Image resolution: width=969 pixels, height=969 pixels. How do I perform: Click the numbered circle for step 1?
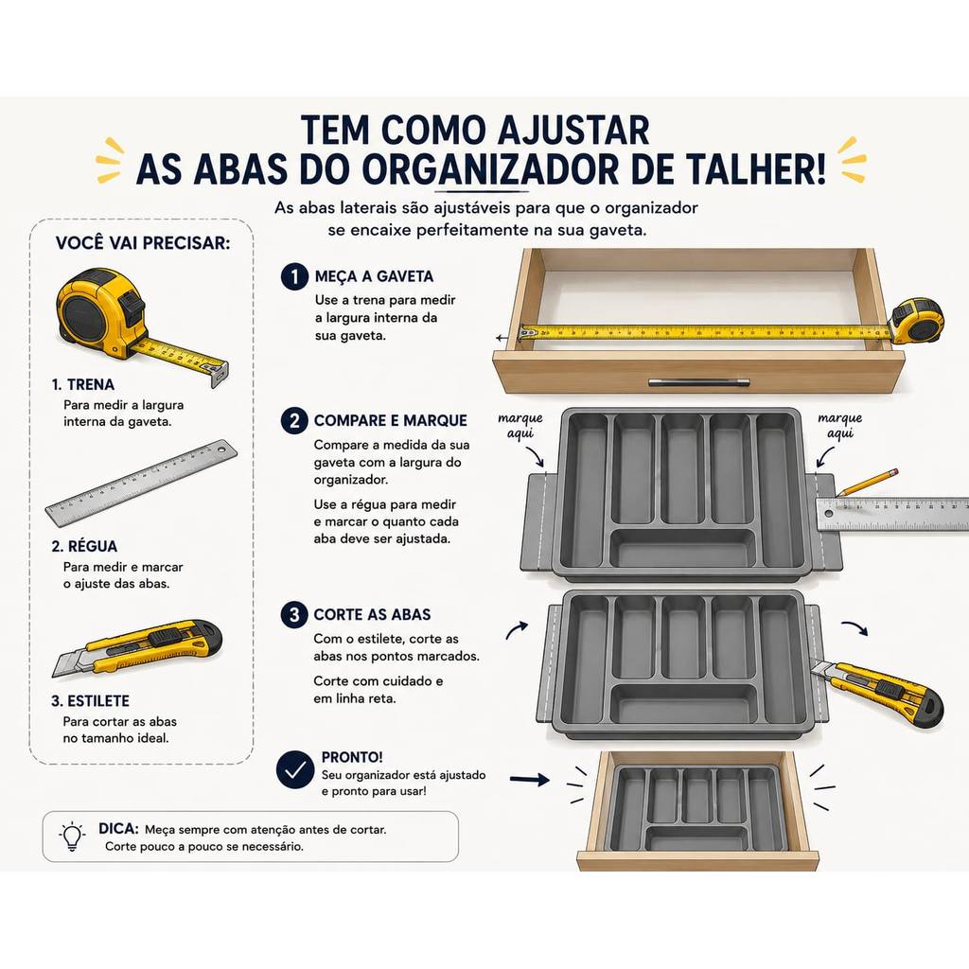pyautogui.click(x=294, y=276)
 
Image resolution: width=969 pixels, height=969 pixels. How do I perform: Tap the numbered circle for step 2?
pyautogui.click(x=294, y=421)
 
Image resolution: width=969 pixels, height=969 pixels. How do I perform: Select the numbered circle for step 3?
pyautogui.click(x=294, y=615)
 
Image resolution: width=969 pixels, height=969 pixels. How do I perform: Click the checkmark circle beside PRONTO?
pyautogui.click(x=295, y=769)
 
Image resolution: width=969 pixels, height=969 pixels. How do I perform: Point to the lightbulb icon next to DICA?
pyautogui.click(x=72, y=837)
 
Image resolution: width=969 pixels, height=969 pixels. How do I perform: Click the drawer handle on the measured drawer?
pyautogui.click(x=699, y=382)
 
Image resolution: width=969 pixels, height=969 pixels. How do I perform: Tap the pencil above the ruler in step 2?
pyautogui.click(x=866, y=482)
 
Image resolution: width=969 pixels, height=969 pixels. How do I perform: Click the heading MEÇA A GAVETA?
pyautogui.click(x=374, y=276)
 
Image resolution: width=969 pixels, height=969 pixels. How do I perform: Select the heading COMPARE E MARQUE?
pyautogui.click(x=390, y=420)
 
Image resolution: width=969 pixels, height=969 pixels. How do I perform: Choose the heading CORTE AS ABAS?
pyautogui.click(x=372, y=614)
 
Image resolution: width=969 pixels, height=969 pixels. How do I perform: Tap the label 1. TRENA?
pyautogui.click(x=83, y=384)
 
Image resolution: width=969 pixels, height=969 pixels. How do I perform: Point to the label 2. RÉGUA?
pyautogui.click(x=84, y=546)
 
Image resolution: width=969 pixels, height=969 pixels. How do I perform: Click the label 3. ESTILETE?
pyautogui.click(x=91, y=701)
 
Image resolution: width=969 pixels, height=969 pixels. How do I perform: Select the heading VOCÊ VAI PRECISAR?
pyautogui.click(x=143, y=243)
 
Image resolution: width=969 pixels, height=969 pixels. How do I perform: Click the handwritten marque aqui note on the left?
pyautogui.click(x=520, y=426)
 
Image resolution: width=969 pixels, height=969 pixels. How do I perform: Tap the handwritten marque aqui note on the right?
pyautogui.click(x=840, y=426)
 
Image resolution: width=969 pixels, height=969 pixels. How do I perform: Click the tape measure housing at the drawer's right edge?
pyautogui.click(x=916, y=320)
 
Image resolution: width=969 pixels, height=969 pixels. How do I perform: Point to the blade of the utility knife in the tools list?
pyautogui.click(x=68, y=663)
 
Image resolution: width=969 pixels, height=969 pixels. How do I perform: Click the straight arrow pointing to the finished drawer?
pyautogui.click(x=530, y=780)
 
